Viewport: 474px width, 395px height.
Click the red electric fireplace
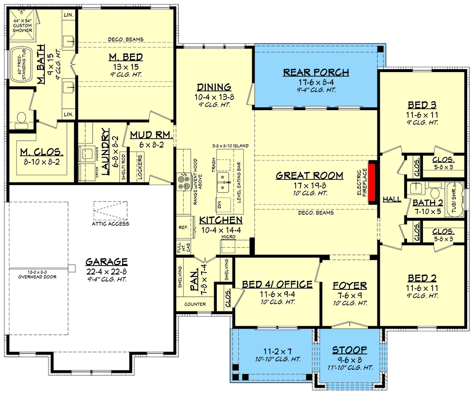click(x=372, y=183)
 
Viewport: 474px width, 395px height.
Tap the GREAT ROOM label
click(x=309, y=175)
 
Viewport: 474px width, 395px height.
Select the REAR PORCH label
click(x=316, y=73)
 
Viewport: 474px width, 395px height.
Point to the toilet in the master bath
click(x=21, y=118)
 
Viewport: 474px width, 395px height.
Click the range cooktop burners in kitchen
click(x=184, y=181)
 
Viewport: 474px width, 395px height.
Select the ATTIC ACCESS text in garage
click(x=110, y=224)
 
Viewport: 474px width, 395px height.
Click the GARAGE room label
click(x=106, y=262)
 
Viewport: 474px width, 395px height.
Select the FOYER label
click(x=349, y=285)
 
